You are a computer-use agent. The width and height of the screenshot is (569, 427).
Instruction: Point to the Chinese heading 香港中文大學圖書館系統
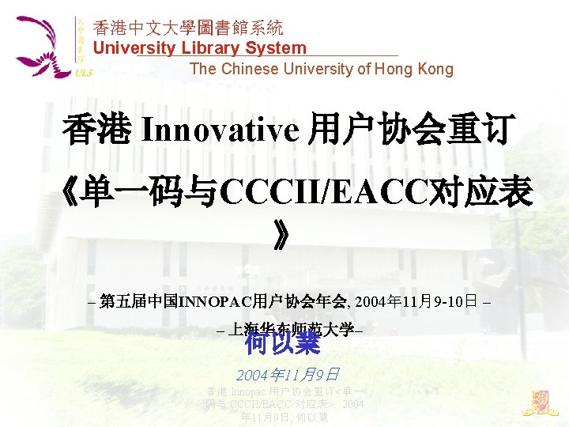click(188, 28)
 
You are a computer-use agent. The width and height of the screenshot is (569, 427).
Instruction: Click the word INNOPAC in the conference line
click(214, 301)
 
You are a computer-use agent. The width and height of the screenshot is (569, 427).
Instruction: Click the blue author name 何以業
click(282, 342)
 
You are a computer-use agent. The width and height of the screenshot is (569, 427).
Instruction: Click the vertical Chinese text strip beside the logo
click(80, 40)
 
